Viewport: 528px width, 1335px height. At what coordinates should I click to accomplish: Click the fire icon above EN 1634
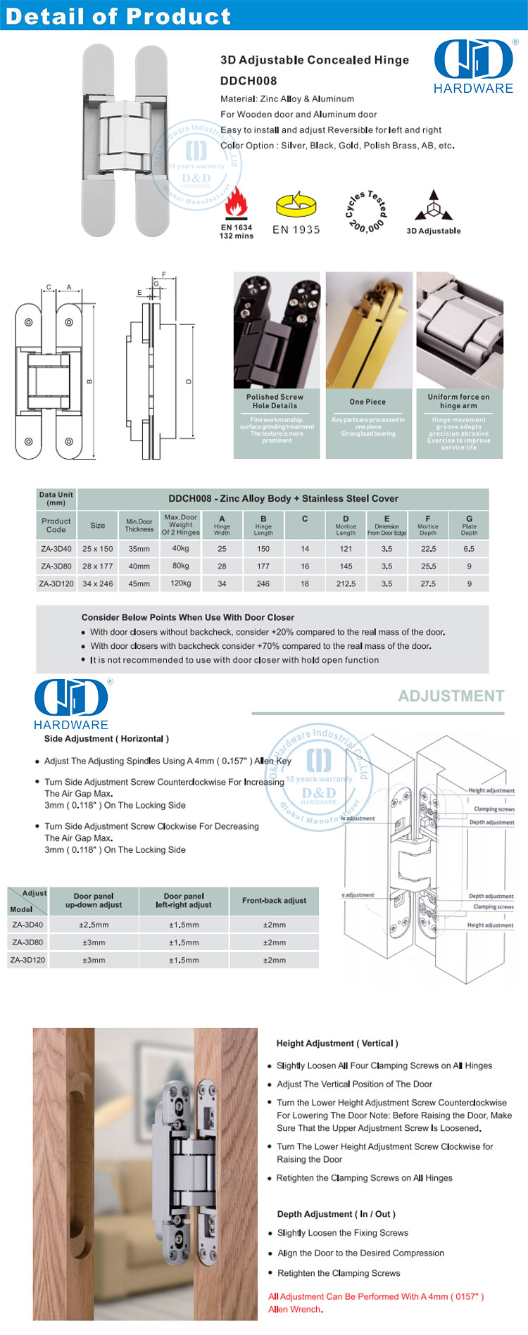coord(236,204)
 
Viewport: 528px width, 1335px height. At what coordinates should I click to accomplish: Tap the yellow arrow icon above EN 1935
coord(296,204)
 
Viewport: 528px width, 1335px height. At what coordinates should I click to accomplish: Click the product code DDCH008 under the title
coord(249,81)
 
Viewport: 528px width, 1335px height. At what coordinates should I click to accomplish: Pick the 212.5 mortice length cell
coord(346,583)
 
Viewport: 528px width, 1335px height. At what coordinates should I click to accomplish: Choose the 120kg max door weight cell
coord(181,583)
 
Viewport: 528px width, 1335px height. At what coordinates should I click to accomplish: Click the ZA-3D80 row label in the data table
coord(56,566)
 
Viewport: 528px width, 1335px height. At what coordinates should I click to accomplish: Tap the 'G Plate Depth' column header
coord(469,525)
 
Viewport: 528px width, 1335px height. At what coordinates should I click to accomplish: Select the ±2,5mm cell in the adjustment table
coord(94,925)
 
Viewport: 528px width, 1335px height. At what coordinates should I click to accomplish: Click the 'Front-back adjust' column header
coord(274,900)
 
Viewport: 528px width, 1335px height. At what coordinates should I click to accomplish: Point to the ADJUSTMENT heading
coord(451,696)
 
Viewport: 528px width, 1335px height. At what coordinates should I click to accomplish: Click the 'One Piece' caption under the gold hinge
coord(367,402)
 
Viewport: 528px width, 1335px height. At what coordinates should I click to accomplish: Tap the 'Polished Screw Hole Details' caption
coord(275,401)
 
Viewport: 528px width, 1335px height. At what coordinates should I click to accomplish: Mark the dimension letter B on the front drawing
coord(89,381)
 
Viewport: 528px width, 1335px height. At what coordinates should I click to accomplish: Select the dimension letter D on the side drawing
coord(188,381)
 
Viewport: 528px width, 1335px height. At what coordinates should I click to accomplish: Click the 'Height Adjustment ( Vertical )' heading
coord(337,1043)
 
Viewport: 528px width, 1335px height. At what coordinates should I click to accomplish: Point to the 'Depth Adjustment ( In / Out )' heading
coord(336,1214)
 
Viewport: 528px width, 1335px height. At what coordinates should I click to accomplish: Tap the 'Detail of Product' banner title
coord(118,15)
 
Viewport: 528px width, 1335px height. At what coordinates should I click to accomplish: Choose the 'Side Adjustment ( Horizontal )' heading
coord(106,739)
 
